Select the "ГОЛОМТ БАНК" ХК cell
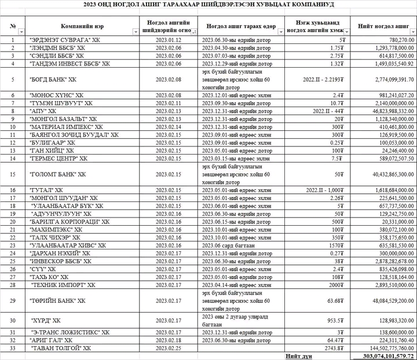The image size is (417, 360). (x=57, y=173)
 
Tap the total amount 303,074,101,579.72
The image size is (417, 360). (x=383, y=355)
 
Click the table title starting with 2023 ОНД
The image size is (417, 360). (x=209, y=4)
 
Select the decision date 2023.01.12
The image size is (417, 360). (x=168, y=39)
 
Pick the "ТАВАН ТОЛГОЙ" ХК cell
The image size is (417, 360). (x=60, y=348)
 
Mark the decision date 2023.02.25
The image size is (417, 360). (x=168, y=348)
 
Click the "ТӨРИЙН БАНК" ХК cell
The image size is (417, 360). (x=57, y=300)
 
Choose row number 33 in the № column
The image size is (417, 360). (x=13, y=348)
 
